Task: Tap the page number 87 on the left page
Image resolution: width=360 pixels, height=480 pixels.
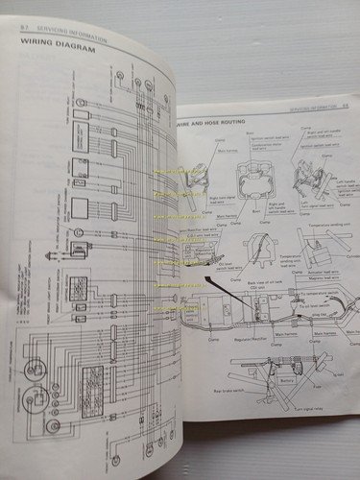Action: point(24,31)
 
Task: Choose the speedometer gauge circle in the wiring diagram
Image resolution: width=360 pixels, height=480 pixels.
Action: point(36,370)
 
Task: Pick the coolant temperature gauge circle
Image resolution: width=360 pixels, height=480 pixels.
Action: point(36,402)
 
